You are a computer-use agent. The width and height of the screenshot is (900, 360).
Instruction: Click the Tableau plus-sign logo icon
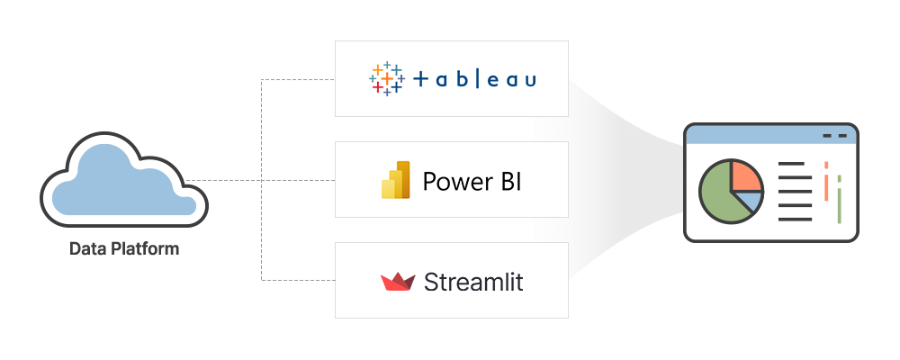tap(387, 79)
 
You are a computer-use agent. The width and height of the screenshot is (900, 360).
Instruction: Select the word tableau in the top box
tap(474, 79)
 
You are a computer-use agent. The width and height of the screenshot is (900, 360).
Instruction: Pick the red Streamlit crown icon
tap(396, 282)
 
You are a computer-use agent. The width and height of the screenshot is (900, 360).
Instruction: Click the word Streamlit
tap(473, 282)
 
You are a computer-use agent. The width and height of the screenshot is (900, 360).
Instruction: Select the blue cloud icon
tap(123, 179)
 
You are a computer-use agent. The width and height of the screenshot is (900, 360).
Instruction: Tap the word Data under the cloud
tap(88, 248)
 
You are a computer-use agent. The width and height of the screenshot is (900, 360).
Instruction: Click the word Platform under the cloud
tap(144, 249)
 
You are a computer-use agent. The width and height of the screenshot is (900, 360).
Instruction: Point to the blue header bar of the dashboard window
tap(756, 136)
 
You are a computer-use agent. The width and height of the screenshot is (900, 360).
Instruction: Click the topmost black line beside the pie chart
tap(794, 164)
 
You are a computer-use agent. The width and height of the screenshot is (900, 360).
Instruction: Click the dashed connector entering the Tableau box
tap(297, 79)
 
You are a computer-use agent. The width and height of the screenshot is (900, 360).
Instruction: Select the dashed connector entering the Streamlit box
tap(297, 280)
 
